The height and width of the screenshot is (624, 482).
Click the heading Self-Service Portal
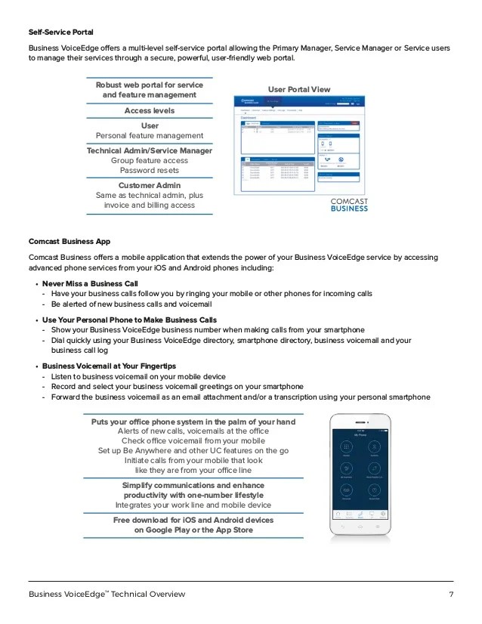(x=62, y=32)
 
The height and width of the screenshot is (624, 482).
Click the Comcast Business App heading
(x=70, y=242)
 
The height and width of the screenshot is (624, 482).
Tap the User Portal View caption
(x=299, y=90)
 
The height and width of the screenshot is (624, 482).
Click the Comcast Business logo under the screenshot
(x=349, y=205)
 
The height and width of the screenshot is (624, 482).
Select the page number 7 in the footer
(x=451, y=595)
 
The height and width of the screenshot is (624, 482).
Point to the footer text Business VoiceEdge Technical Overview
(x=107, y=595)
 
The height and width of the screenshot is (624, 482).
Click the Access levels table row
(x=150, y=111)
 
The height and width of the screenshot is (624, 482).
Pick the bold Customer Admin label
(x=150, y=185)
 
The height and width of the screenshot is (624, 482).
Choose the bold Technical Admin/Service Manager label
(x=150, y=150)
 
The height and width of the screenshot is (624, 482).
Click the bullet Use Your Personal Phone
(x=129, y=320)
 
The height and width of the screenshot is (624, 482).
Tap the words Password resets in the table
(x=150, y=170)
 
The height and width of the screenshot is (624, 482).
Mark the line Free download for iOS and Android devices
(x=193, y=521)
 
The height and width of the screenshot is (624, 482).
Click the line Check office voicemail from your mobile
(x=193, y=440)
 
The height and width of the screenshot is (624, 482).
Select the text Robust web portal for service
(x=150, y=85)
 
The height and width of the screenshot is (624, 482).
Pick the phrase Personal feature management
(x=150, y=136)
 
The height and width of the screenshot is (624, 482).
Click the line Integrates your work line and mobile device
(x=193, y=504)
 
